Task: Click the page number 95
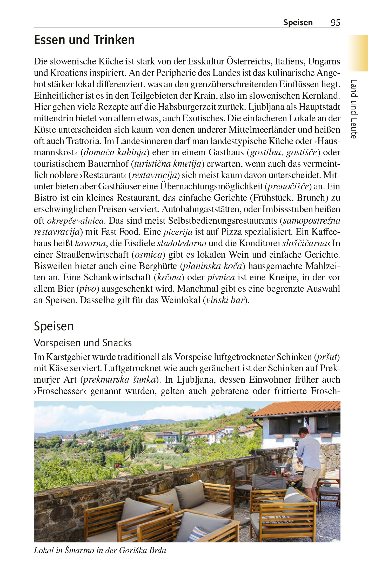point(335,23)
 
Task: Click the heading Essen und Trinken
point(84,40)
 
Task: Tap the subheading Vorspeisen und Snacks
point(83,343)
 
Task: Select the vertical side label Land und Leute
point(354,109)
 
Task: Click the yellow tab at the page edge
point(358,53)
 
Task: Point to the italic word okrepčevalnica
point(75,221)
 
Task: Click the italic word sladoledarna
point(182,243)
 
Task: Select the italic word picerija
point(178,232)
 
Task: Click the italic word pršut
point(327,357)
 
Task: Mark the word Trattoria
point(83,141)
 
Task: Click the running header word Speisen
point(298,23)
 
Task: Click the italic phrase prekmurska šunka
point(119,380)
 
